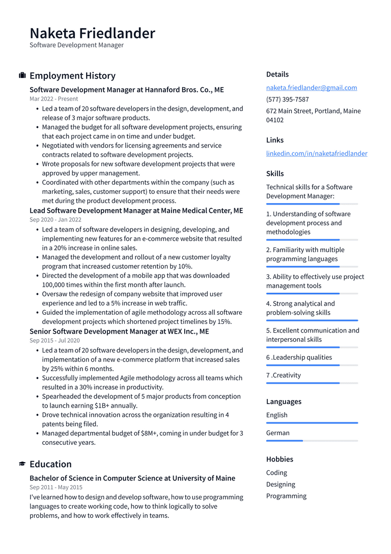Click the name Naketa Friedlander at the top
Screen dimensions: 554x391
[92, 33]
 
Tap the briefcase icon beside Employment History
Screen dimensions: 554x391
[22, 75]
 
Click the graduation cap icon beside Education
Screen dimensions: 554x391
[22, 464]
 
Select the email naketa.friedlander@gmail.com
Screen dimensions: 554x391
[311, 88]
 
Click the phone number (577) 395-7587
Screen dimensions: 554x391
[287, 99]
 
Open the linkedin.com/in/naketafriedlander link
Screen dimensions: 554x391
[316, 154]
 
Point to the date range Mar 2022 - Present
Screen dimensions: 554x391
[53, 99]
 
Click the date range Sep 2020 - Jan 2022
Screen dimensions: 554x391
[55, 220]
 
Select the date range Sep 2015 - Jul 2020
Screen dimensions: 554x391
[54, 340]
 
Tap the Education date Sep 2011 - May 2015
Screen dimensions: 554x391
[55, 487]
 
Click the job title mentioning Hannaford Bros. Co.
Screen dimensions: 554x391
[126, 90]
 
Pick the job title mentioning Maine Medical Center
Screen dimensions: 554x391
[136, 211]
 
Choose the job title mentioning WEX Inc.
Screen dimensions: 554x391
[119, 332]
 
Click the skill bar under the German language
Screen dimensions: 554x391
[312, 441]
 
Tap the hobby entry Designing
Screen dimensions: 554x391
[281, 485]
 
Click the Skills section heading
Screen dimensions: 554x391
[275, 173]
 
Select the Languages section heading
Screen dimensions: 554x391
[284, 401]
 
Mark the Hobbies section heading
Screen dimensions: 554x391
[280, 459]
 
